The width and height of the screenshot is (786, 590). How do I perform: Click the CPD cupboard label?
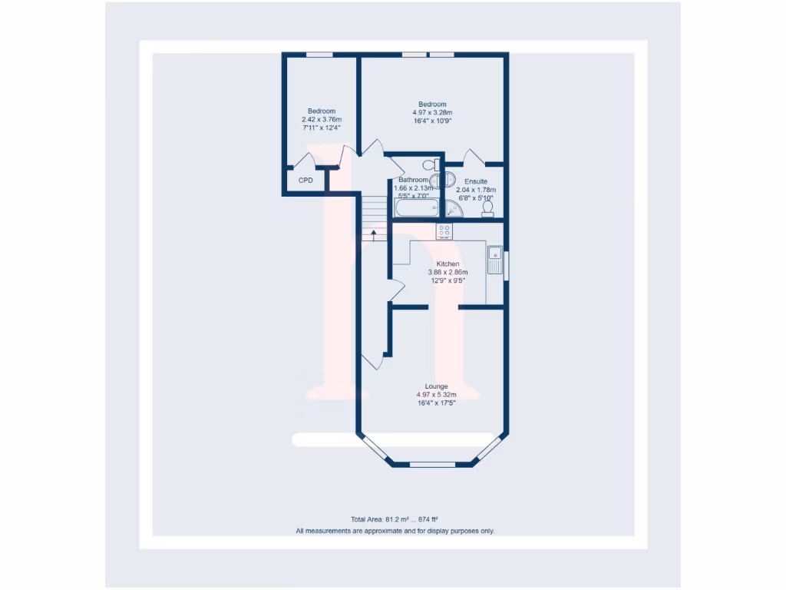[x=305, y=181]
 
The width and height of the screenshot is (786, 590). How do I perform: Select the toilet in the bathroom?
[x=431, y=164]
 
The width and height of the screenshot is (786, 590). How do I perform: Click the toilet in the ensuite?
[x=487, y=208]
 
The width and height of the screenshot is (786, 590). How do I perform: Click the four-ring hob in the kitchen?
[x=444, y=230]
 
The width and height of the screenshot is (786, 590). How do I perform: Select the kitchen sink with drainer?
[x=495, y=259]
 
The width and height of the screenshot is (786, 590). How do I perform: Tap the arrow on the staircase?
[x=374, y=235]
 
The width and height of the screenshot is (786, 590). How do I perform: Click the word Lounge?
[x=436, y=386]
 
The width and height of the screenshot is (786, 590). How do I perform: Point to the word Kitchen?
[x=447, y=264]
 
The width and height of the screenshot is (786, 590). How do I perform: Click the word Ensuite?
[x=476, y=181]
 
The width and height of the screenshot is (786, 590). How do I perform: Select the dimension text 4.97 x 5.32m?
[x=436, y=395]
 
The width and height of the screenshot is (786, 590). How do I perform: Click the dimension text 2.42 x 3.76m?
[x=322, y=120]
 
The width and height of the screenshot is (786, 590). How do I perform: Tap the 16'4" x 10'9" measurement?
[x=432, y=121]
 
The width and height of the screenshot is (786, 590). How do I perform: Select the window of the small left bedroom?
[x=320, y=55]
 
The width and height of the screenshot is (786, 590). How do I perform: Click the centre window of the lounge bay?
[x=432, y=464]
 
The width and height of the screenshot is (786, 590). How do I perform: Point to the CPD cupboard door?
[x=305, y=161]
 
